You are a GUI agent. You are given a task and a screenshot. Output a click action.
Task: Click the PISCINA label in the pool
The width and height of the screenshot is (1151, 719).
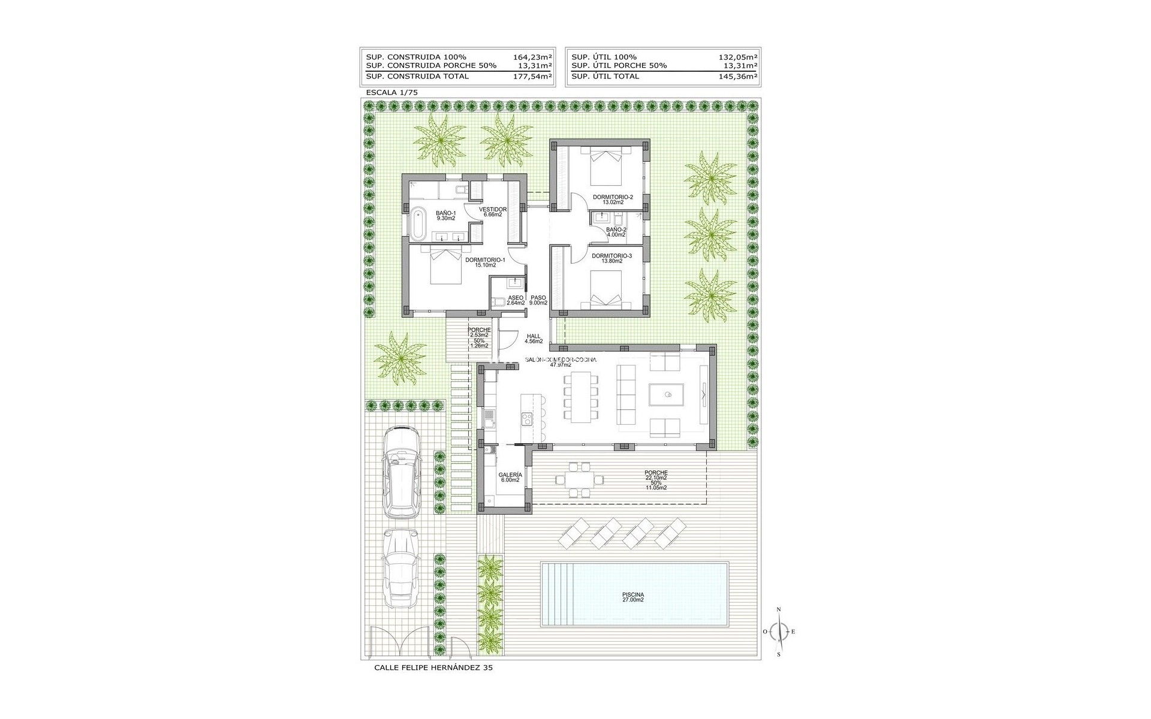tap(632, 597)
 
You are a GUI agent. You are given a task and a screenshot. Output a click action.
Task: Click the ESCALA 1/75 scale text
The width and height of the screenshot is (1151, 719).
tap(391, 93)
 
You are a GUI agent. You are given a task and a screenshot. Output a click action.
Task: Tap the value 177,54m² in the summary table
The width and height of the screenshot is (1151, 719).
tap(532, 77)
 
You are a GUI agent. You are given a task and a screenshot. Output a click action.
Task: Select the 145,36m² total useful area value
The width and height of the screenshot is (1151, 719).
tap(737, 77)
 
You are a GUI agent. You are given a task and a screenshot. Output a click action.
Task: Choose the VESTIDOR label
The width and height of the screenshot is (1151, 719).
tap(493, 210)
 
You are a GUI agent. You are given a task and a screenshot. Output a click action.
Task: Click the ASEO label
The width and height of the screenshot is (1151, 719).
tap(516, 298)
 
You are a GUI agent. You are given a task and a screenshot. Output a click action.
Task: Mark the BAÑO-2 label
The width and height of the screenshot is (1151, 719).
tap(616, 229)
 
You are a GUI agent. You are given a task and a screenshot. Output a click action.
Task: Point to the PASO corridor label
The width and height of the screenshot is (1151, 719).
tap(539, 298)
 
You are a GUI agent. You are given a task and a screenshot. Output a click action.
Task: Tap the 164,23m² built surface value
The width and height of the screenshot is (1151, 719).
tap(532, 57)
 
